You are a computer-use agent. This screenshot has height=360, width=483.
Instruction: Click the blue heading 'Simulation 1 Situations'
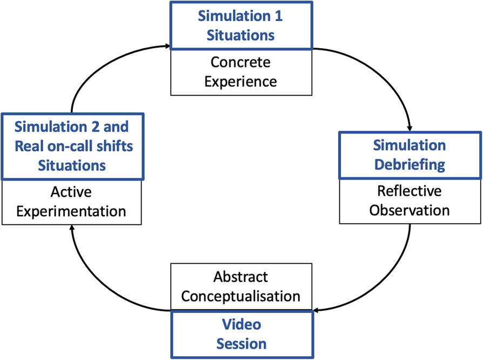(x=241, y=25)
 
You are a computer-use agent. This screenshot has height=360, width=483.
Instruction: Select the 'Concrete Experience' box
(x=241, y=71)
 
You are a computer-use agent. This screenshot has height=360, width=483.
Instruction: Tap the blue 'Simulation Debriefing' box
(x=410, y=155)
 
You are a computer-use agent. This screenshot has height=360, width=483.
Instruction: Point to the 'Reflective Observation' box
(x=410, y=201)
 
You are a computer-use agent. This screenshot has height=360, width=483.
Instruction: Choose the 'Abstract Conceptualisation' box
(x=241, y=286)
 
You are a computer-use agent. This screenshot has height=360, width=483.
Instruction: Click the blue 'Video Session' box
(x=241, y=334)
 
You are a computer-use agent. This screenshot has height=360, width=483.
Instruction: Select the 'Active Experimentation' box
(x=71, y=201)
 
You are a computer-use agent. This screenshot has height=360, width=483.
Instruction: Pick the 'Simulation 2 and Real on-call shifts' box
(x=71, y=146)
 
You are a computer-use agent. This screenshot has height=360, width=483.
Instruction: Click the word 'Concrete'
(x=240, y=62)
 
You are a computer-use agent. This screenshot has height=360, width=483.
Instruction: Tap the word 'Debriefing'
(x=410, y=164)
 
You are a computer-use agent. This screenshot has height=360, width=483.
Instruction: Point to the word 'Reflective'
(x=410, y=191)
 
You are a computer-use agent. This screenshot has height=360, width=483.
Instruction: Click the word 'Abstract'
(x=240, y=277)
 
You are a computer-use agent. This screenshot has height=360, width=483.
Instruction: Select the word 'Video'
(x=241, y=325)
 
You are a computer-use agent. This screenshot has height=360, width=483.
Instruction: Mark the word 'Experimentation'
(x=71, y=210)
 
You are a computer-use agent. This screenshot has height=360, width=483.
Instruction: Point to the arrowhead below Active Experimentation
(x=71, y=229)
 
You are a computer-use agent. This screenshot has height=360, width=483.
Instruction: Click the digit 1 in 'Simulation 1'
(x=278, y=16)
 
